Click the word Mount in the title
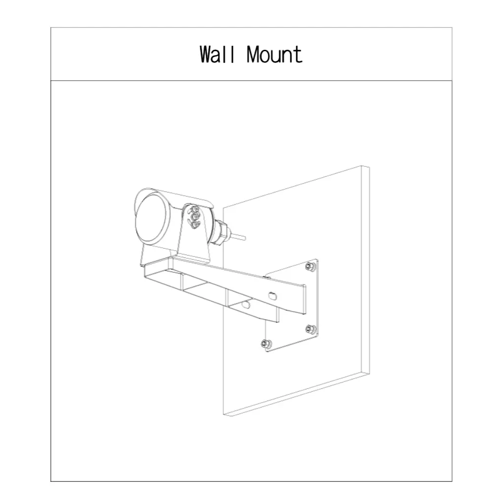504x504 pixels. [x=275, y=54]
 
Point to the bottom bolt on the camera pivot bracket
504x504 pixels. [x=194, y=225]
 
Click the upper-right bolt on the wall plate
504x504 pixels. [x=310, y=266]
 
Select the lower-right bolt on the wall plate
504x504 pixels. [x=310, y=329]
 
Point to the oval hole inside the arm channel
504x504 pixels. [x=246, y=304]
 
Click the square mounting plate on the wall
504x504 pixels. [x=291, y=305]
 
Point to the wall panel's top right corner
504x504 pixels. [x=369, y=167]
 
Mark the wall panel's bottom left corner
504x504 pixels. [x=223, y=414]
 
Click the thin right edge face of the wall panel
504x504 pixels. [x=365, y=270]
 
